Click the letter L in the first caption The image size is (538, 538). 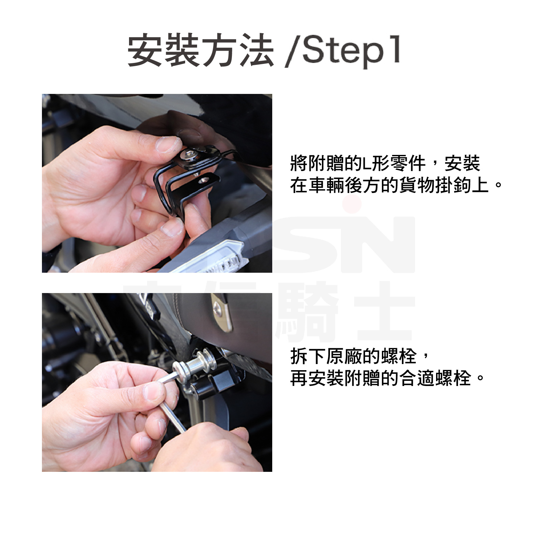pos(367,163)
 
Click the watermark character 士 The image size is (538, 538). pos(384,311)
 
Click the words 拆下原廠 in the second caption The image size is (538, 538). pos(326,356)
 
